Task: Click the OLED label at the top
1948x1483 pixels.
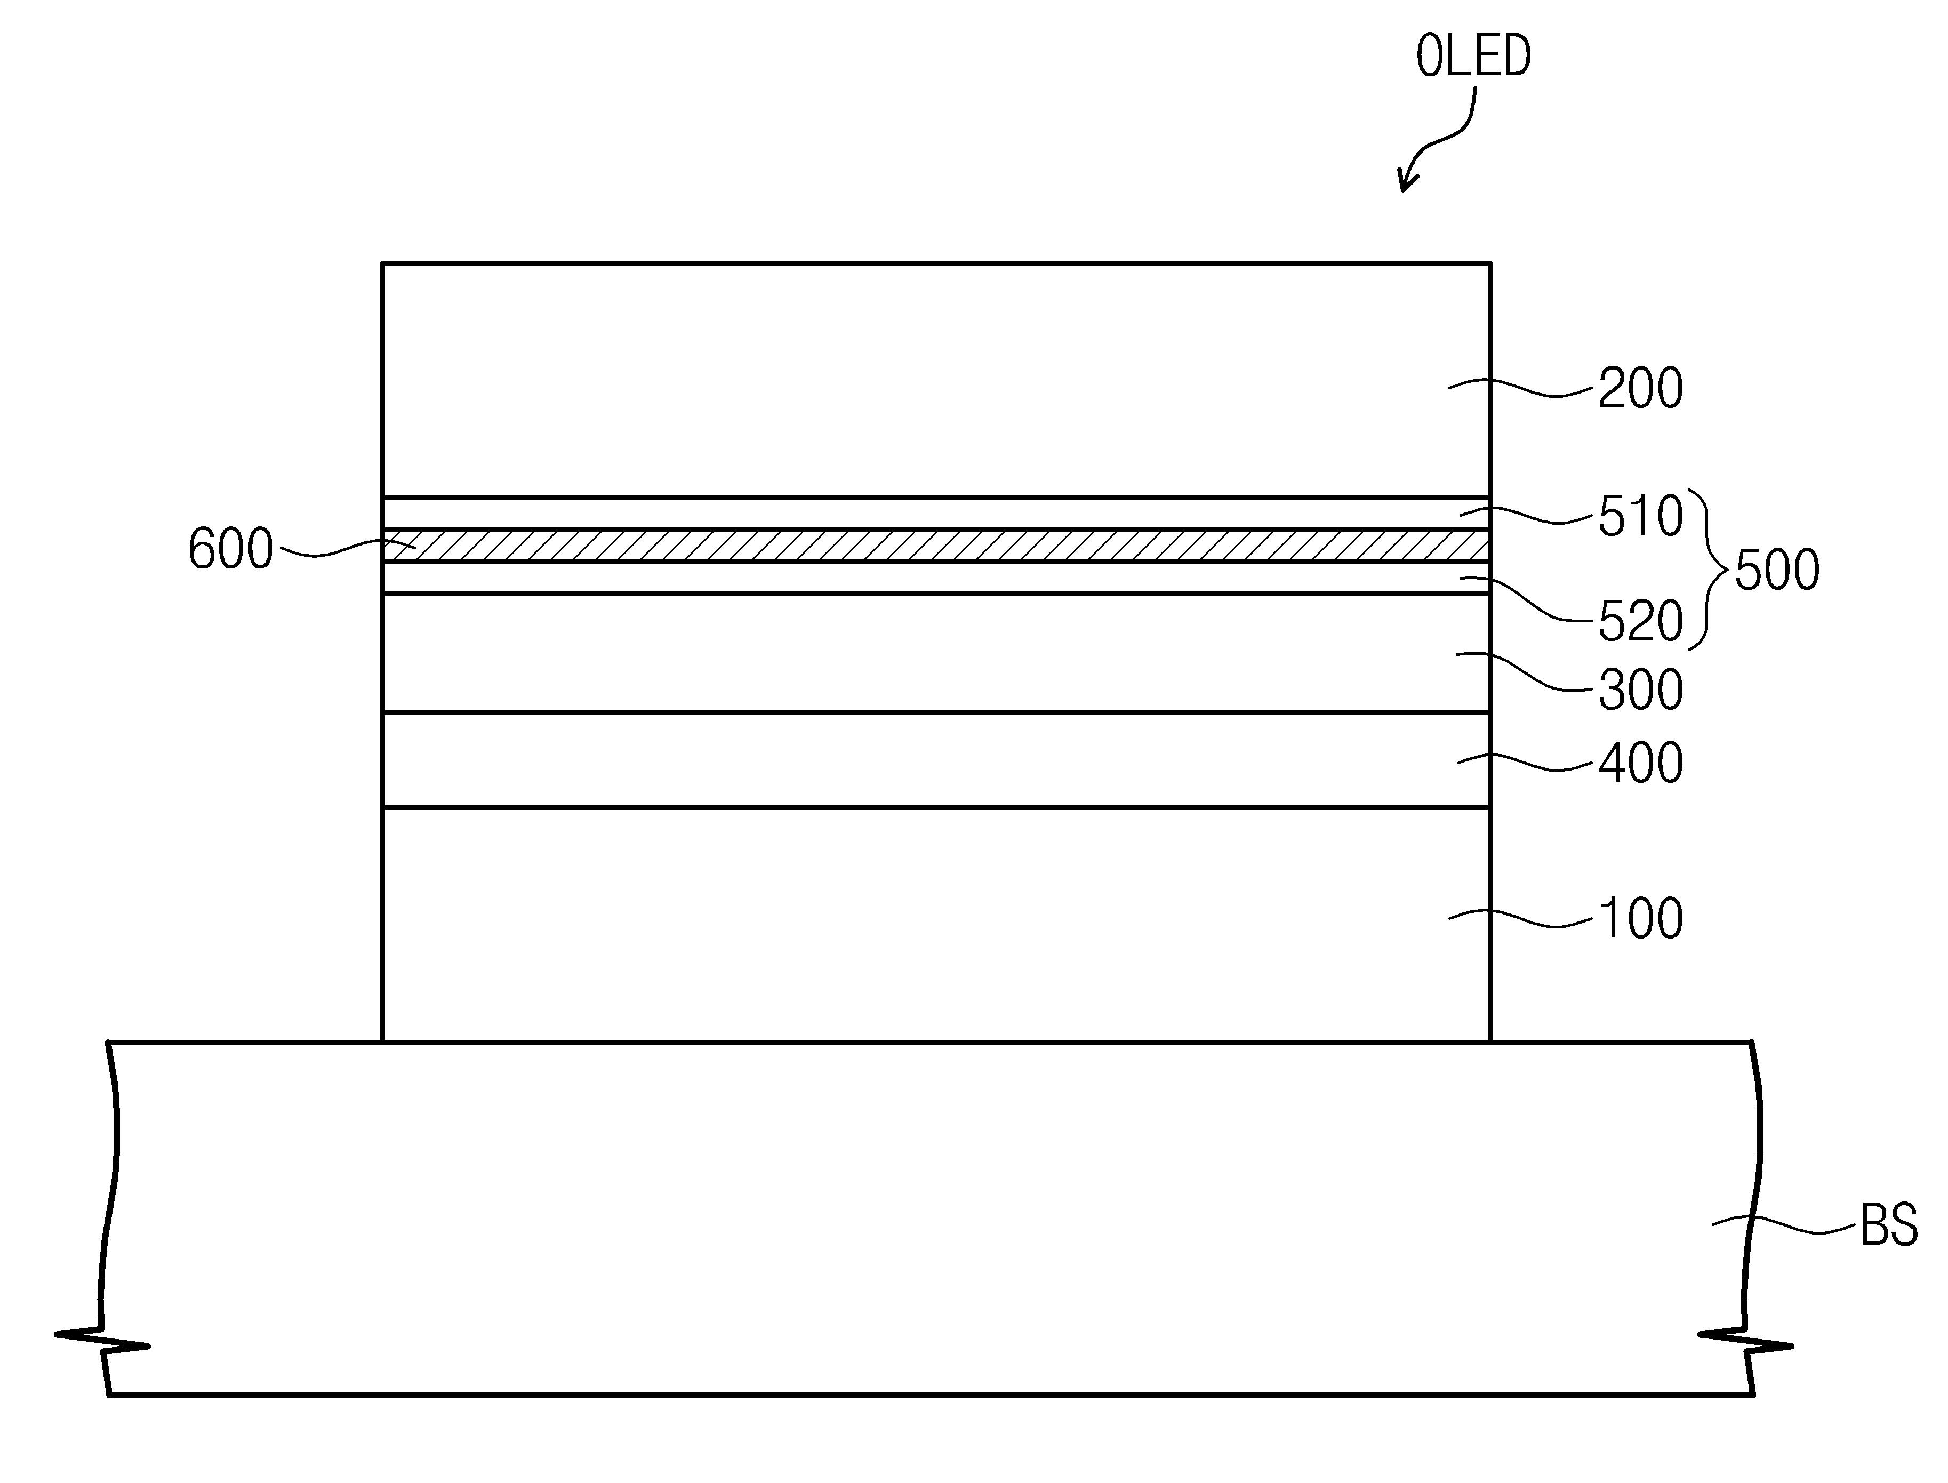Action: (x=1473, y=58)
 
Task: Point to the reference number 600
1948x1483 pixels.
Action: (x=230, y=549)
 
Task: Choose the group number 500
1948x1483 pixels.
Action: (x=1777, y=570)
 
